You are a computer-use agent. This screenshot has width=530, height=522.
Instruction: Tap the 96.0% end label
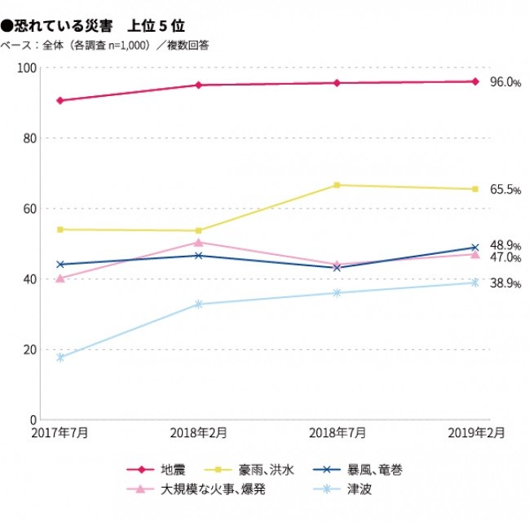[x=505, y=82]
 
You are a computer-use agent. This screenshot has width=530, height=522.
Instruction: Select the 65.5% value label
[x=505, y=190]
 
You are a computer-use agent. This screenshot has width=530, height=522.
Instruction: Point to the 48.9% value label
[x=505, y=245]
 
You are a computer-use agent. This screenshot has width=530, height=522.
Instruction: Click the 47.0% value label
[x=505, y=258]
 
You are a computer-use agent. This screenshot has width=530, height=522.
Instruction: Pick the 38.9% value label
[x=505, y=284]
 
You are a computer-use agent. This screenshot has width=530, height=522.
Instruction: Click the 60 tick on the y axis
[x=31, y=208]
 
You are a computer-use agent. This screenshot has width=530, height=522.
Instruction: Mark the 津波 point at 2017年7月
[x=60, y=358]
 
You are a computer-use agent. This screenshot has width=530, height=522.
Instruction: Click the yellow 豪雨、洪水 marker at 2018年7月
[x=337, y=185]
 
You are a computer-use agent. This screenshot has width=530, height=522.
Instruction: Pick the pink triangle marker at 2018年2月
[x=198, y=242]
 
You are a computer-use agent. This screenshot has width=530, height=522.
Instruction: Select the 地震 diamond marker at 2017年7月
[x=60, y=100]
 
